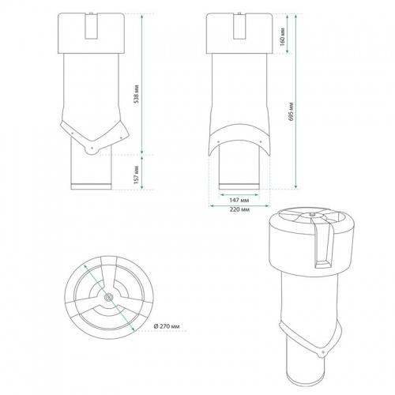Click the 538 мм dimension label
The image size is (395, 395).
coord(136,94)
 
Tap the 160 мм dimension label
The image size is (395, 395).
coord(282,36)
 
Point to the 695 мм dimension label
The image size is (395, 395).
coord(291,111)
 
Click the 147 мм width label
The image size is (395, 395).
coord(239,201)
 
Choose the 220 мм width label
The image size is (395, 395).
coord(239,209)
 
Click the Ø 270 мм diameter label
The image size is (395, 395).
coord(167,326)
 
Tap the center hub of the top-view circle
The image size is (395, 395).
coord(108,297)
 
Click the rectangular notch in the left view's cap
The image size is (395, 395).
coord(91,26)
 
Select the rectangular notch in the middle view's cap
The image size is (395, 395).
coord(239,26)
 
